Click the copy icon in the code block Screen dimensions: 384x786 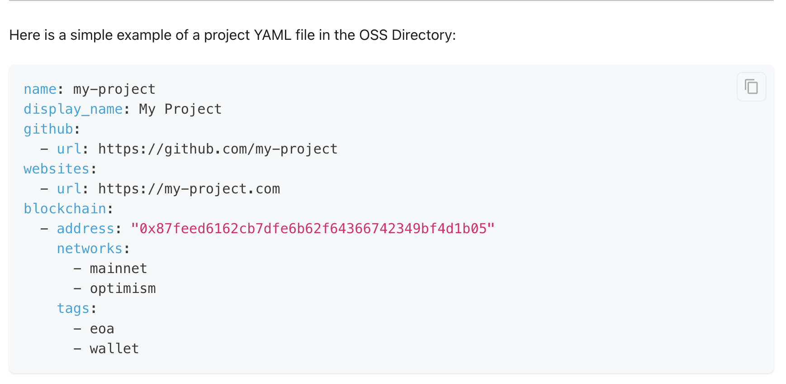coord(751,86)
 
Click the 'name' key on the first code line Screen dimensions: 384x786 coord(40,89)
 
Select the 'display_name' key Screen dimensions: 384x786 coord(73,109)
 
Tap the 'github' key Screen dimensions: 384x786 coord(48,129)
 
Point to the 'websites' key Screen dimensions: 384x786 coord(57,169)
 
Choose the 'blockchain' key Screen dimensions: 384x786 coord(65,209)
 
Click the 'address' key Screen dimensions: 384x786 coord(85,229)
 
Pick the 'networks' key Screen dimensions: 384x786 coord(90,249)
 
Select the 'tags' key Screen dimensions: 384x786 coord(73,308)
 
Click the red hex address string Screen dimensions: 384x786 coord(313,229)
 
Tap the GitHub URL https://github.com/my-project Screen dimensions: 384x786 coord(218,149)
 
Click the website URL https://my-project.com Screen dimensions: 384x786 coord(189,189)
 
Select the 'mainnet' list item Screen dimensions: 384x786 coord(118,269)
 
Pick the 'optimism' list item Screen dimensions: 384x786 coord(123,288)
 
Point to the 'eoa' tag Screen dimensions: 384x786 coord(102,329)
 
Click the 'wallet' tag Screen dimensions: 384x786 coord(114,349)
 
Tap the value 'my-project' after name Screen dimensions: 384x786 coord(114,89)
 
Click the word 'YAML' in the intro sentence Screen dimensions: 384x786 coord(273,35)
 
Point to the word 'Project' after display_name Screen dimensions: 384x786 coord(193,109)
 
